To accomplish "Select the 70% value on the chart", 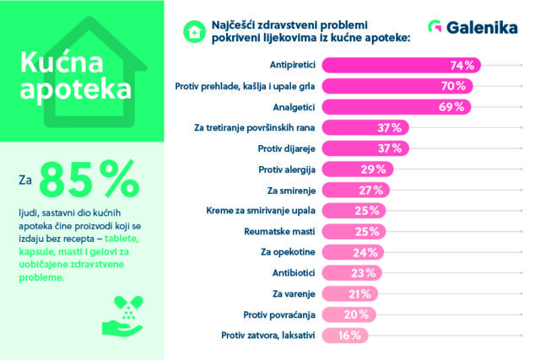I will point(454,86).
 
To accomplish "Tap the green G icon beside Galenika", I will point(436,29).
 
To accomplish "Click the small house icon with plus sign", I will point(193,30).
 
